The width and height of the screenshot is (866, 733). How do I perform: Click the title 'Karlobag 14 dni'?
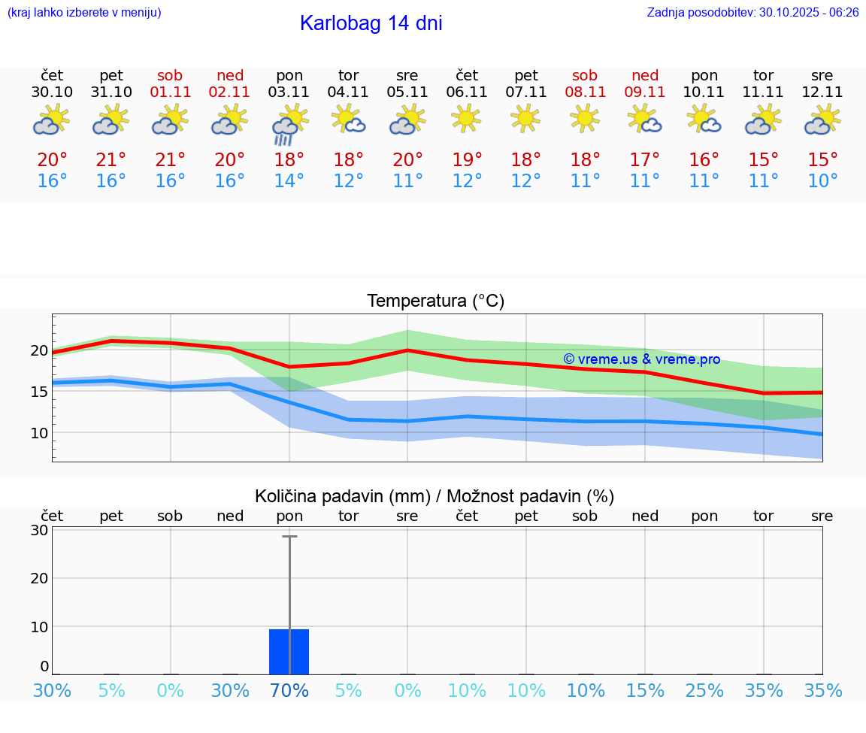(371, 23)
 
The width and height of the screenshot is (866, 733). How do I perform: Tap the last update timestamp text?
(752, 13)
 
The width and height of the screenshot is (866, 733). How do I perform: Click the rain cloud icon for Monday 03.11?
(289, 125)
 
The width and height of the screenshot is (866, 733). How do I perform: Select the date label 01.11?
(171, 92)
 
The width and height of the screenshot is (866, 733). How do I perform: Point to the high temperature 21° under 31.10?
(111, 160)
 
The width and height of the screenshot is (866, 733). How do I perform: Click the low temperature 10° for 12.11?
(822, 181)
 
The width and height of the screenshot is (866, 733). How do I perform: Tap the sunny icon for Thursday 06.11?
(467, 119)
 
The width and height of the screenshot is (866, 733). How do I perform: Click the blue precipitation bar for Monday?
(289, 651)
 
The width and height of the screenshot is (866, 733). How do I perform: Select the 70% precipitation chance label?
(289, 691)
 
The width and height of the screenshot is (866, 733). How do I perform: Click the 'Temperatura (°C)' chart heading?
(435, 301)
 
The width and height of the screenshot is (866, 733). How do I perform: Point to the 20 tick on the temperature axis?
(39, 350)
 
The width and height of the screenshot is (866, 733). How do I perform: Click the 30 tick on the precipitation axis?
(39, 530)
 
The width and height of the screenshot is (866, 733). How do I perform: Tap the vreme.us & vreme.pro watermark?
(641, 359)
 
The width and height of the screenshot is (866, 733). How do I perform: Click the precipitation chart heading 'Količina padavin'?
(434, 496)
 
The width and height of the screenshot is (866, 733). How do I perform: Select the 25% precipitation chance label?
(704, 691)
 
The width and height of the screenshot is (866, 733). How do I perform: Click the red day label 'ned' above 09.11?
(645, 75)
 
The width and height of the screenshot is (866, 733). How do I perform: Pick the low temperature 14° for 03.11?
(289, 181)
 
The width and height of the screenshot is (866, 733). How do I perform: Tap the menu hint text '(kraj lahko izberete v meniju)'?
(84, 13)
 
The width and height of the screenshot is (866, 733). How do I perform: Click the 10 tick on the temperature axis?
(39, 433)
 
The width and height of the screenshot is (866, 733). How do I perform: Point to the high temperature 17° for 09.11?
(645, 160)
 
